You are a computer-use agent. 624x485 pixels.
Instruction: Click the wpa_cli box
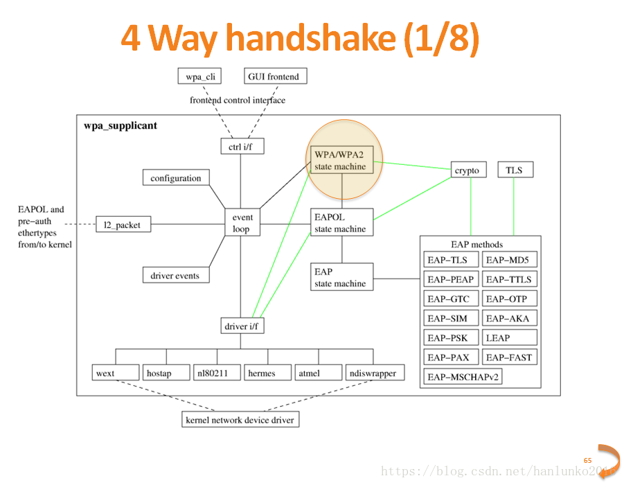(198, 76)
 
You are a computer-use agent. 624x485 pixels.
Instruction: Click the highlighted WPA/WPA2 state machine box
(340, 160)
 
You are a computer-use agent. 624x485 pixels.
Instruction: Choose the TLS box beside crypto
(515, 170)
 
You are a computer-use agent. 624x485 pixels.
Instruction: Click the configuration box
(176, 178)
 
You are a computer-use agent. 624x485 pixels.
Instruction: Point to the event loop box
(242, 222)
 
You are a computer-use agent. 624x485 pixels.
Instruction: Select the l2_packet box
(122, 224)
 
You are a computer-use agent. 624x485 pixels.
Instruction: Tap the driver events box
(175, 276)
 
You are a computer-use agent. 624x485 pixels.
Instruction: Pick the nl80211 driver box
(217, 373)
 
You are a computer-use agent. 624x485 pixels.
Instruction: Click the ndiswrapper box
(373, 373)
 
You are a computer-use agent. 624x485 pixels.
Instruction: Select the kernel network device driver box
(240, 420)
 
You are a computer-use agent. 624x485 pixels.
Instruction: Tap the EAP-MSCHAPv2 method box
(463, 377)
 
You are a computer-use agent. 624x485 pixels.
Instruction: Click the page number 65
(587, 460)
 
